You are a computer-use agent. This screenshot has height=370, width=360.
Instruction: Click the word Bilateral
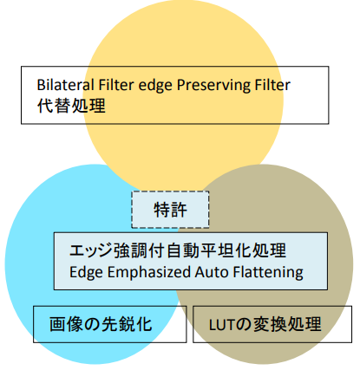[x=65, y=85]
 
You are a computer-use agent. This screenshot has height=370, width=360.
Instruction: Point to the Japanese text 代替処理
[x=71, y=106]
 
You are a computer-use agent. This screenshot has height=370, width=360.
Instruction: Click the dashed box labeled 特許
[x=170, y=210]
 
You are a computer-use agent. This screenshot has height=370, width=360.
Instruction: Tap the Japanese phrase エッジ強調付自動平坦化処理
[x=178, y=250]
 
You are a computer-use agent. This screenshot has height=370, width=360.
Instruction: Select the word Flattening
[x=268, y=273]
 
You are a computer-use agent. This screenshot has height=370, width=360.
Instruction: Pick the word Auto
[x=212, y=272]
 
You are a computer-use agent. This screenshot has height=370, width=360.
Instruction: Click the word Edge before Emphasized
[x=86, y=273]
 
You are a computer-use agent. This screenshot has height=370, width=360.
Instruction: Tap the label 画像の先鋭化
[x=101, y=324]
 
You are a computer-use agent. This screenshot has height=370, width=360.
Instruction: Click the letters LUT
[x=221, y=325]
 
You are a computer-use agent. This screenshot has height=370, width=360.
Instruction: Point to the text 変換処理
[x=287, y=324]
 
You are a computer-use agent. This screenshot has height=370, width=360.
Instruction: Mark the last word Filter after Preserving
[x=272, y=85]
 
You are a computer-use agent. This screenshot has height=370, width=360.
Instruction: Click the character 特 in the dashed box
[x=161, y=210]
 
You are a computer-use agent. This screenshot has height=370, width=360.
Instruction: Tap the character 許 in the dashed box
[x=179, y=210]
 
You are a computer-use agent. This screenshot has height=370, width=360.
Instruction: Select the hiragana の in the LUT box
[x=242, y=325]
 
